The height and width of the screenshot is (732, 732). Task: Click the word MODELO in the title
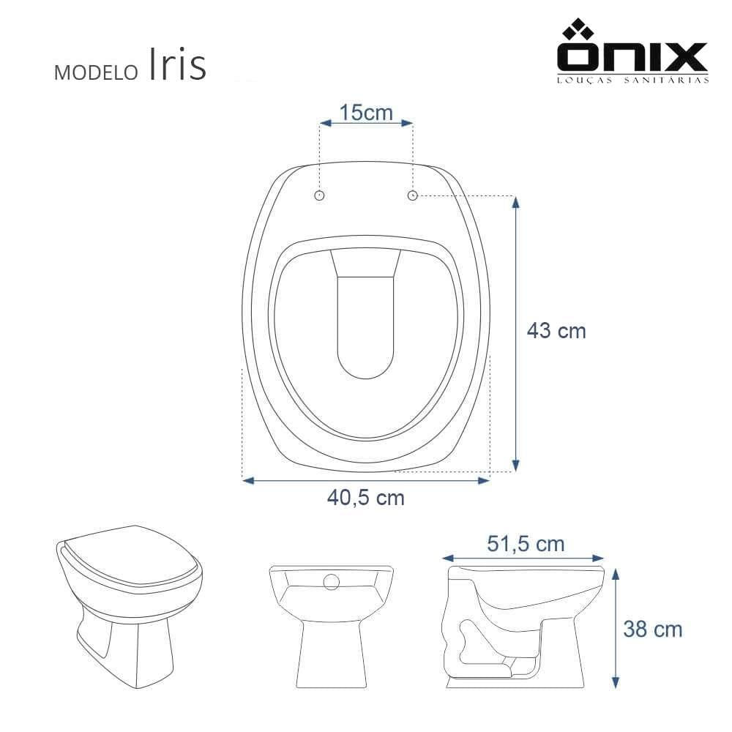pos(96,72)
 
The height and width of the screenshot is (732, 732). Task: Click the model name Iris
pos(177,64)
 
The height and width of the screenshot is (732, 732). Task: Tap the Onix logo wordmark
pos(632,56)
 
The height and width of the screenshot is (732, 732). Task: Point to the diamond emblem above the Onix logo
pos(578,29)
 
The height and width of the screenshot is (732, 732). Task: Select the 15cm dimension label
pos(366,113)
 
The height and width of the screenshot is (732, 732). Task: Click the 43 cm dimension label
pos(556,331)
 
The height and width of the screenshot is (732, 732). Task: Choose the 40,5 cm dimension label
pos(365,498)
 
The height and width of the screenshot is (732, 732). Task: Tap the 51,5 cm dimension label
pos(526,544)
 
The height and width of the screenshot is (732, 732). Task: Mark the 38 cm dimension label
pos(653,630)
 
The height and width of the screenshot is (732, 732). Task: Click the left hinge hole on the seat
pos(320,195)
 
